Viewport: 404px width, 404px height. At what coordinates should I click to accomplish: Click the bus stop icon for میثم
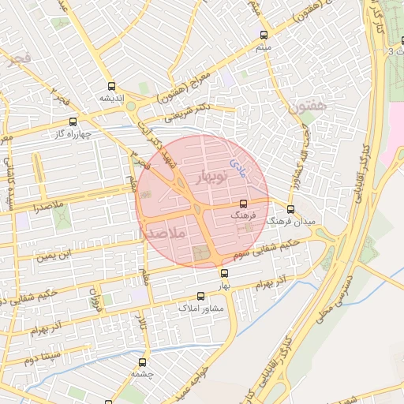[x=264, y=35]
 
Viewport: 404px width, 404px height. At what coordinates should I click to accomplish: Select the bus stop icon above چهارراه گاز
[x=73, y=122]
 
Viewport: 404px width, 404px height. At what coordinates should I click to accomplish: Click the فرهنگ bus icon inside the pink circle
[x=241, y=204]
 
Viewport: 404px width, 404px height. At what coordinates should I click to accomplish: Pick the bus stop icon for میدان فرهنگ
[x=291, y=210]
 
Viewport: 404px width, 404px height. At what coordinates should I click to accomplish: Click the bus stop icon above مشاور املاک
[x=200, y=297]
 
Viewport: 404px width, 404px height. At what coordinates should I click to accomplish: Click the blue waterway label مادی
[x=237, y=165]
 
